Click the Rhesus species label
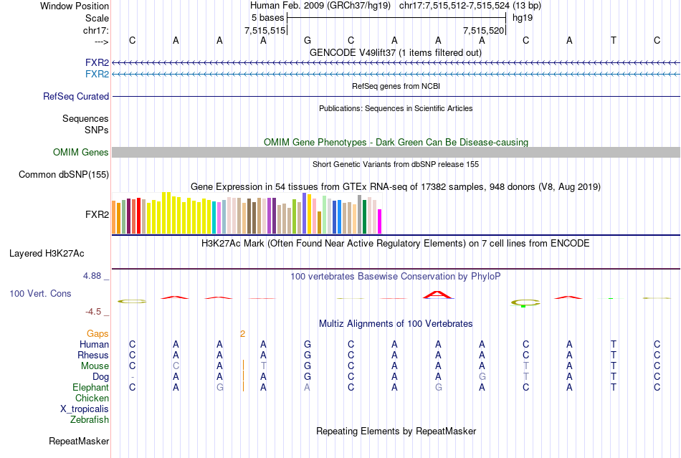93,356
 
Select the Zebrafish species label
90,420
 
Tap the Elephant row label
90,388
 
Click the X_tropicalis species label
85,409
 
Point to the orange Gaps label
97,334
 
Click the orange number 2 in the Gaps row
242,334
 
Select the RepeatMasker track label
79,442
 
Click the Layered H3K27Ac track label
47,254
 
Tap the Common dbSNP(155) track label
64,175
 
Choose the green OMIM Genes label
81,153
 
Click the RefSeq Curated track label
76,97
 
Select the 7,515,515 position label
265,31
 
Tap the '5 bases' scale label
268,17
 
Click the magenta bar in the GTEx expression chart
380,221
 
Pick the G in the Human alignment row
308,345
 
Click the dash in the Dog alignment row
132,377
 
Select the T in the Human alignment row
613,345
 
